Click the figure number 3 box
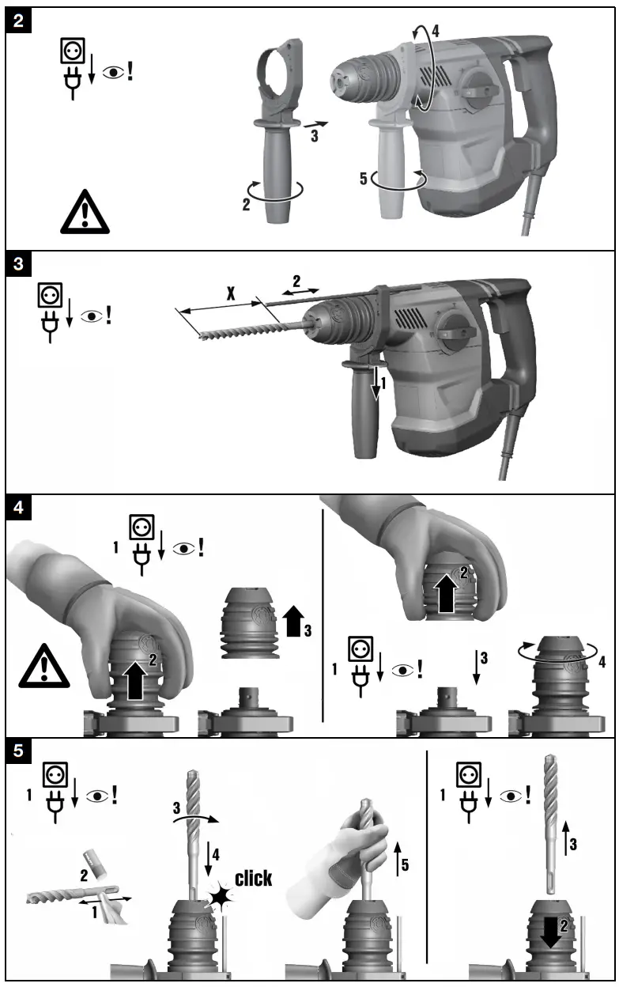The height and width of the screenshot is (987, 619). (x=20, y=265)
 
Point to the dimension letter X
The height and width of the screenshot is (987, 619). (x=230, y=294)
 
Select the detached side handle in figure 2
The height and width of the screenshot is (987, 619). (x=277, y=134)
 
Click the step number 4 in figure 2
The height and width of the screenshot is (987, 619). (x=435, y=33)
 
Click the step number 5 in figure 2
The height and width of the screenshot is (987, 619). (x=364, y=180)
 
